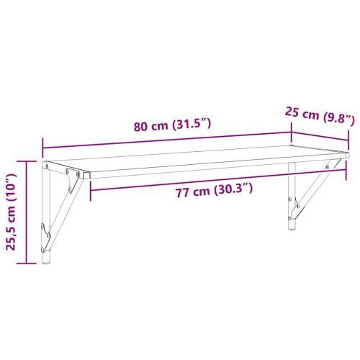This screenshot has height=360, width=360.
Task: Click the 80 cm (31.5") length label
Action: click(x=171, y=125)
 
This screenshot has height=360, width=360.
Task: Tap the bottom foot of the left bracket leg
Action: click(x=48, y=261)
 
